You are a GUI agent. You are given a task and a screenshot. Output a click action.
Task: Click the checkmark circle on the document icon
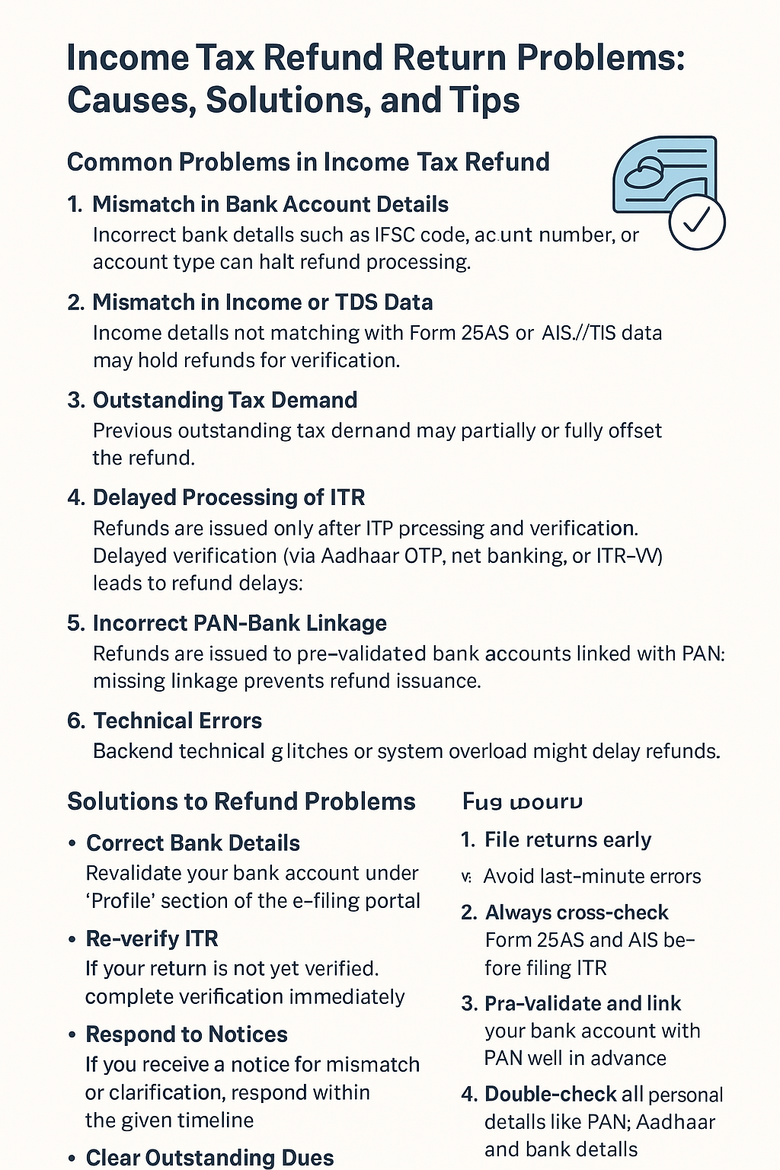(x=696, y=222)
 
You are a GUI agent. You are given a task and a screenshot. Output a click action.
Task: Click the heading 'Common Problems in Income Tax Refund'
(x=308, y=162)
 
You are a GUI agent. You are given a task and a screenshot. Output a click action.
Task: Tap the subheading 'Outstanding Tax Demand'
(x=225, y=400)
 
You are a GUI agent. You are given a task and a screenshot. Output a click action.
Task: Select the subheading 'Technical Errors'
(x=177, y=721)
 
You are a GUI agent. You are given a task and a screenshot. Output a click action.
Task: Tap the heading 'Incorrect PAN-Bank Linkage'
(x=239, y=623)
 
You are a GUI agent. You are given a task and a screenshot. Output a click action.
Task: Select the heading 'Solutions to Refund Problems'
(x=241, y=801)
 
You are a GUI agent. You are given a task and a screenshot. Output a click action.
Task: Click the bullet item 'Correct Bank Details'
(x=193, y=843)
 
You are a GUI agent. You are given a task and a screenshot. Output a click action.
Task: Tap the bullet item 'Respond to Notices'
(x=186, y=1034)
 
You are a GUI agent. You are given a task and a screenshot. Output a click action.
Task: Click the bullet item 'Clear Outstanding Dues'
(x=209, y=1158)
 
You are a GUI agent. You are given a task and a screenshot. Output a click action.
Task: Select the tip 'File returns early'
(x=567, y=839)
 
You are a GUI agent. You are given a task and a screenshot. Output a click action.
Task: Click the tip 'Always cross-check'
(x=577, y=913)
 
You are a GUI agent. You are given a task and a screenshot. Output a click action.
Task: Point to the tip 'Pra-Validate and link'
(x=583, y=1003)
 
